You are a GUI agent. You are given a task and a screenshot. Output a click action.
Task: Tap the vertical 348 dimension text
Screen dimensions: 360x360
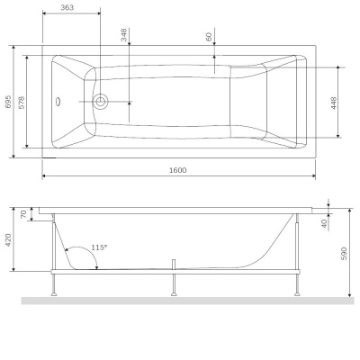[x=124, y=35]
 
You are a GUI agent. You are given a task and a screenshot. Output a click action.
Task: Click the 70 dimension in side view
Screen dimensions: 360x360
[x=23, y=216]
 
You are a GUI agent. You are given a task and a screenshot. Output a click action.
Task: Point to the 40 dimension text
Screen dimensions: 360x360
[x=324, y=222]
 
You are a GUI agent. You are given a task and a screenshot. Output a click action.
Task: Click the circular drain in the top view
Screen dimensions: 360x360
[x=101, y=103]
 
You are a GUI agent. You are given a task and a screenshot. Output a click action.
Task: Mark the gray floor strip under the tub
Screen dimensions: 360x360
[x=180, y=301]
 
